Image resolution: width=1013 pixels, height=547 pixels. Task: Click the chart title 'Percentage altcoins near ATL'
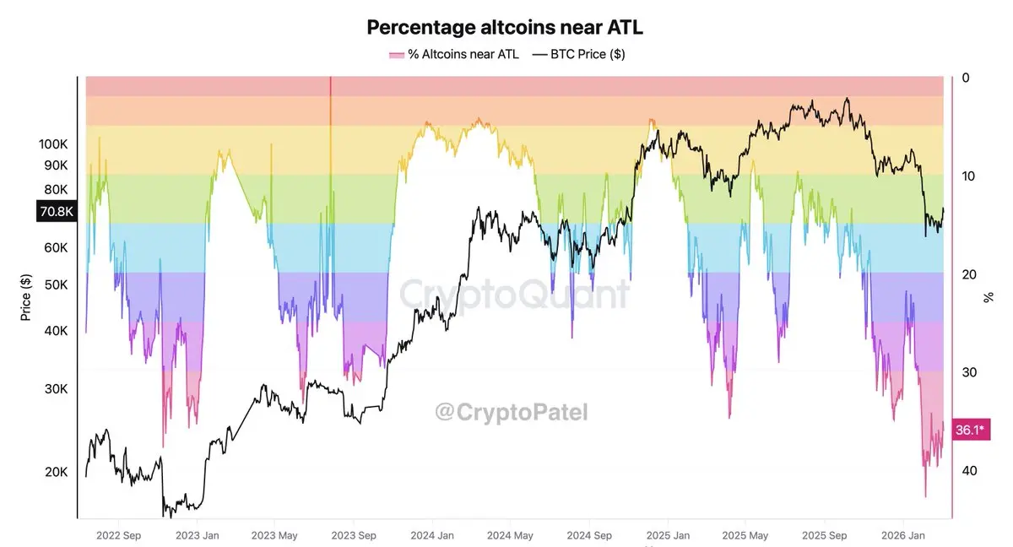pos(505,27)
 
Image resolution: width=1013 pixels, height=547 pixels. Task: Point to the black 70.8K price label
pos(57,212)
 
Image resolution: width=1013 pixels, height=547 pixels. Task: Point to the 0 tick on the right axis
pos(965,79)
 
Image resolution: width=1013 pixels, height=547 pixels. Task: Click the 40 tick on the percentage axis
pos(968,470)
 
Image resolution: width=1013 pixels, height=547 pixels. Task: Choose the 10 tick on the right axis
pos(968,176)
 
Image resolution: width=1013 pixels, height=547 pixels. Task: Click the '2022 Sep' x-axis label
pos(118,535)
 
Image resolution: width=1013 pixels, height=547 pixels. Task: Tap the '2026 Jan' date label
pos(904,535)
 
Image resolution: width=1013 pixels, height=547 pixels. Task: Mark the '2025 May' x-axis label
pos(746,535)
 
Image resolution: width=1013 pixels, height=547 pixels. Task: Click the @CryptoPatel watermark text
pos(511,412)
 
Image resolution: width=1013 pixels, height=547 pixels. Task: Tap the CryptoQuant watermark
pos(513,294)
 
